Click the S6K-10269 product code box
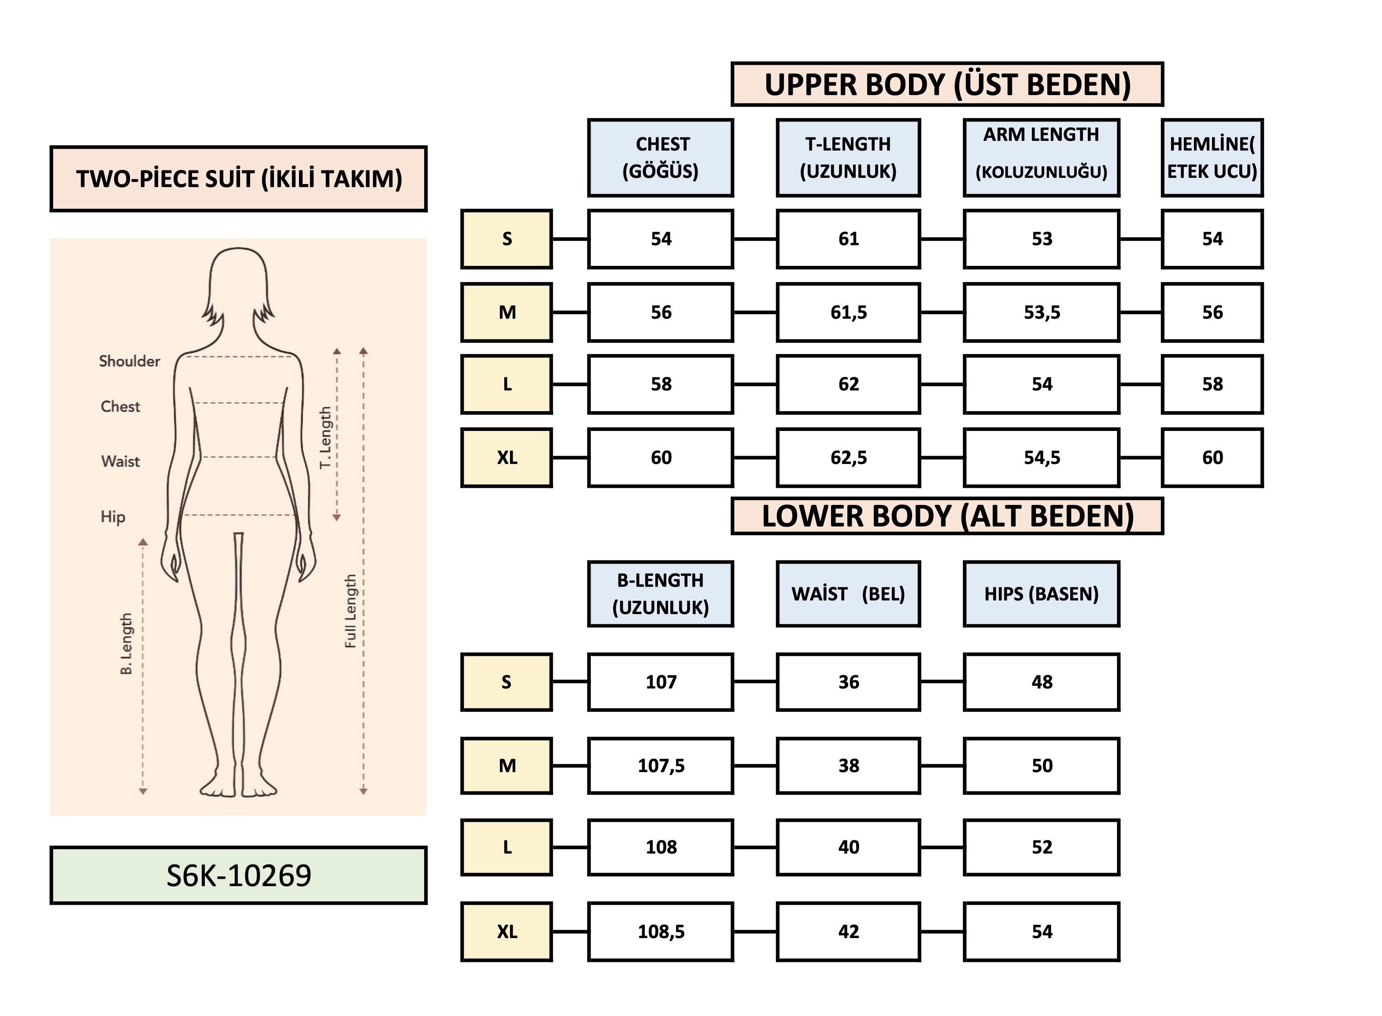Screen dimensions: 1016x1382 [x=238, y=875]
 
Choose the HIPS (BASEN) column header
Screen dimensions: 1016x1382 [x=1041, y=594]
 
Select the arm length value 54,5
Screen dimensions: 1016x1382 [x=1041, y=457]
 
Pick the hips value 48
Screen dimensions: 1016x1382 [x=1041, y=682]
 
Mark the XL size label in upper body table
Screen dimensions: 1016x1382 [x=506, y=457]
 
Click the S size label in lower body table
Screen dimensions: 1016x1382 [x=506, y=682]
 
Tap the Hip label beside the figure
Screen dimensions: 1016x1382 [x=113, y=517]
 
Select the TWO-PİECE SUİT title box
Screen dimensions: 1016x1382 [x=238, y=179]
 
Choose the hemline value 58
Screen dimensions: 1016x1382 [x=1212, y=384]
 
